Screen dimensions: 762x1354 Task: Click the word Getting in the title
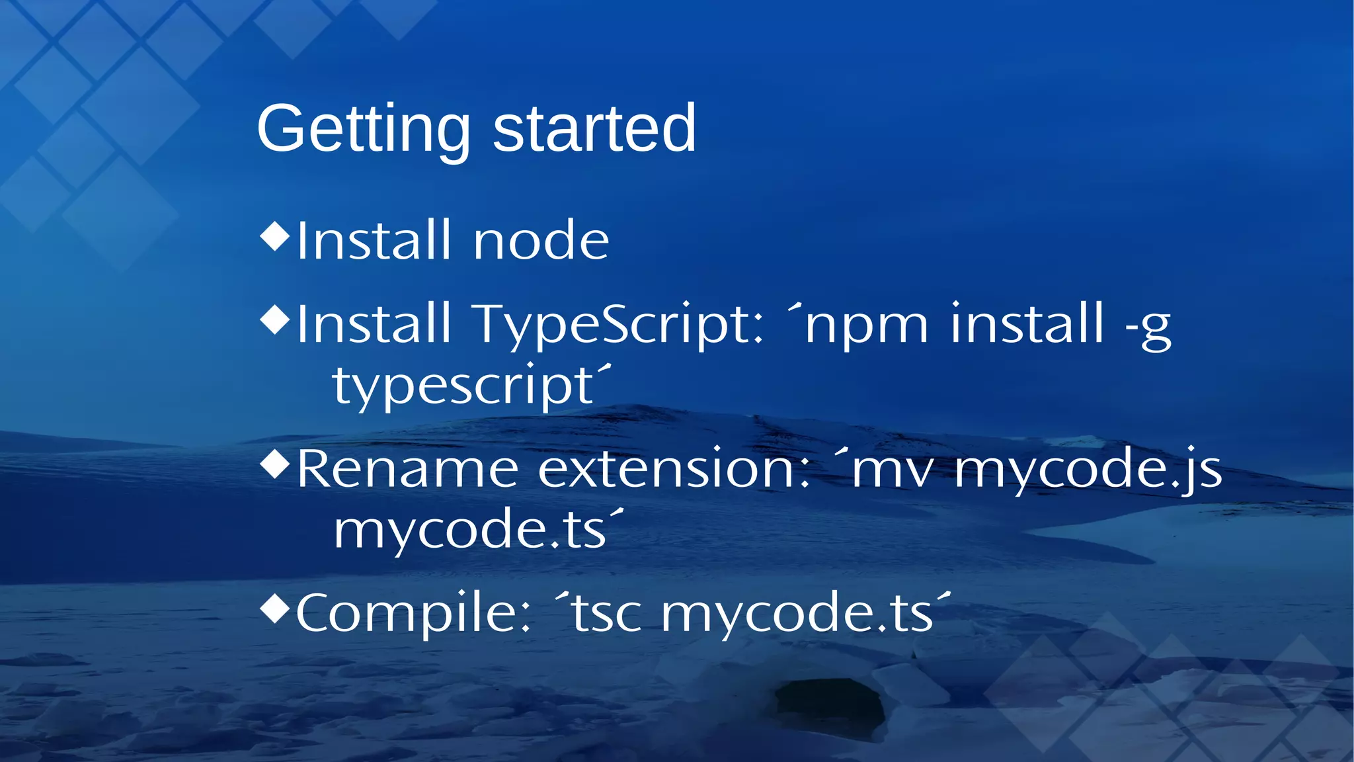pos(363,129)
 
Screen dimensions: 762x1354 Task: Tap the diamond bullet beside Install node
pos(275,237)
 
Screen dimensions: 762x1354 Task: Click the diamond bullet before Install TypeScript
pos(275,319)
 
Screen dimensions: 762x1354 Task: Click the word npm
pos(866,326)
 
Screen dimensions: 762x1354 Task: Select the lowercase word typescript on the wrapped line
pos(463,386)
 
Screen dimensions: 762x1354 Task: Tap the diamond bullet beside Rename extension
pos(275,464)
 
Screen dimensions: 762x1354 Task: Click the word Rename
pos(407,469)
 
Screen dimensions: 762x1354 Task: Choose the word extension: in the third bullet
pos(674,469)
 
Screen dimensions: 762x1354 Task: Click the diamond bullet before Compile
pos(275,609)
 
